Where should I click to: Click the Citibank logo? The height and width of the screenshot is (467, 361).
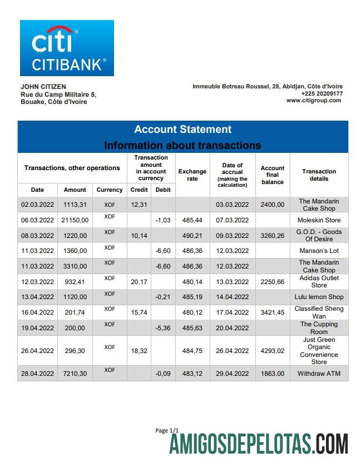coord(67,48)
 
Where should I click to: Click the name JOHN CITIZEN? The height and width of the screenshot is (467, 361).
coord(43,87)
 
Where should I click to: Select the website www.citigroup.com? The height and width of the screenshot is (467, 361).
coord(314,101)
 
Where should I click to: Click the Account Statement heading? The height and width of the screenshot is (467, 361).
coord(182,130)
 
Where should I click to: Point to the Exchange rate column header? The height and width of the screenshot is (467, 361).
coord(192,175)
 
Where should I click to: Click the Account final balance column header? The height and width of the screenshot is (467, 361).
coord(273,175)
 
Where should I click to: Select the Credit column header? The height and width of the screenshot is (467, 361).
coord(139,190)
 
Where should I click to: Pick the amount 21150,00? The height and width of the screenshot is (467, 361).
coord(75,220)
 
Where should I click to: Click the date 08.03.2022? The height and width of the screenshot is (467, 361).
coord(37,236)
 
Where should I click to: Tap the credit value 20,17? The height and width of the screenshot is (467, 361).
coord(139,281)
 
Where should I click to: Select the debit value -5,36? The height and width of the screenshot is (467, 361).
coord(162,328)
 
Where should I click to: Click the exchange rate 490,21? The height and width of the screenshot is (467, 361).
coord(192,236)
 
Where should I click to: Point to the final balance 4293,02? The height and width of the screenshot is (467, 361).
coord(273,351)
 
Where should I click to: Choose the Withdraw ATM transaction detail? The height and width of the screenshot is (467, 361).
coord(319,374)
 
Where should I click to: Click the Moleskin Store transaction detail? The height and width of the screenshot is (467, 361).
coord(319,220)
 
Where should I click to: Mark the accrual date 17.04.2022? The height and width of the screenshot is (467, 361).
coord(232,312)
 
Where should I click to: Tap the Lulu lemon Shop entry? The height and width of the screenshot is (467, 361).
coord(319,297)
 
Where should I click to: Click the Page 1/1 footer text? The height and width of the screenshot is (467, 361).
coord(167,430)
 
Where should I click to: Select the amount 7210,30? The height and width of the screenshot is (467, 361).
coord(75,374)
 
